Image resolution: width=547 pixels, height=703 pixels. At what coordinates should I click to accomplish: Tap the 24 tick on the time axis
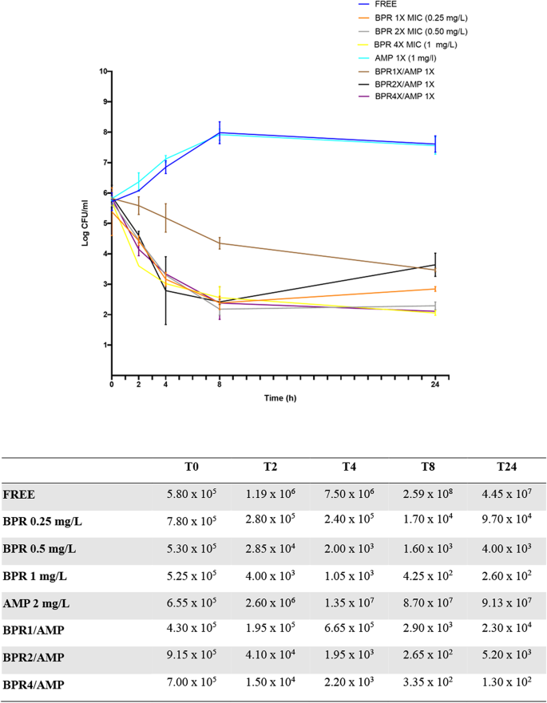(434, 385)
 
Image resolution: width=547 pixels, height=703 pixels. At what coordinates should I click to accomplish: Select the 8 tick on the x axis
(220, 385)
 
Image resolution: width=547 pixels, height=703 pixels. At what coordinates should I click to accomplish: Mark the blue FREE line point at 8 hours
(220, 132)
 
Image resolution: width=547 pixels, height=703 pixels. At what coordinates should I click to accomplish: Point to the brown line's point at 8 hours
(220, 243)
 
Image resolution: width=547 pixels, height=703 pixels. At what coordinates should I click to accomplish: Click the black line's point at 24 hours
(434, 264)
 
